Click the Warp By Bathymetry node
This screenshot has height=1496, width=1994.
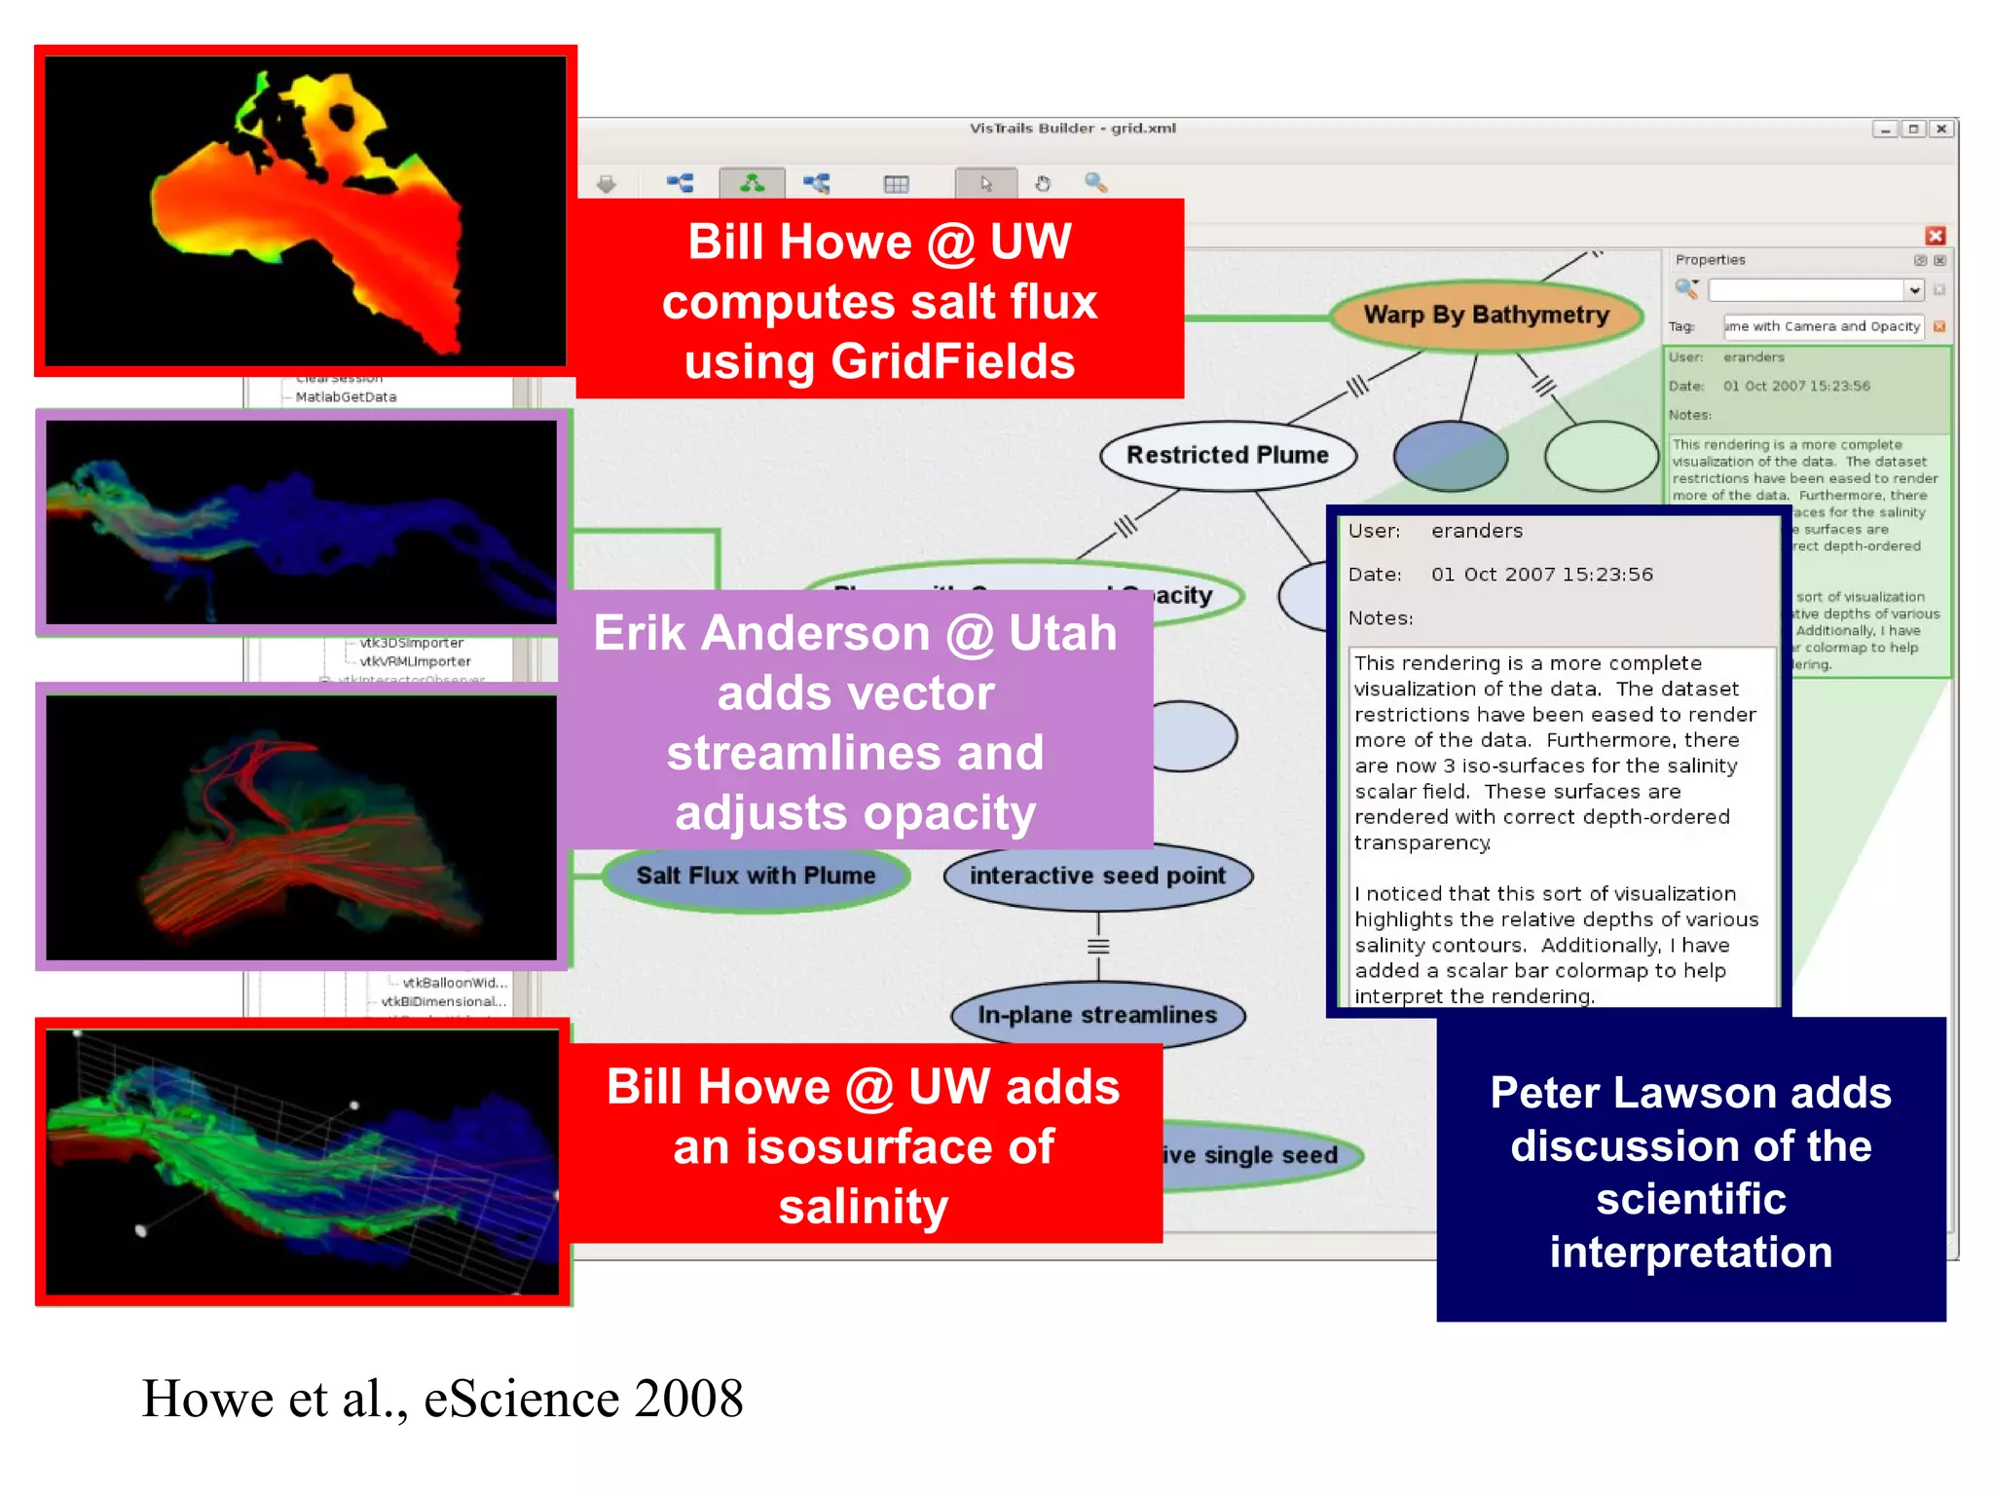coord(1485,315)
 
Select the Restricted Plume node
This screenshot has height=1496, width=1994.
coord(1227,455)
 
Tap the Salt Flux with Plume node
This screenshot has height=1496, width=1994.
coord(756,876)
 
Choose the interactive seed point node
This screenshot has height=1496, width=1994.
coord(1097,876)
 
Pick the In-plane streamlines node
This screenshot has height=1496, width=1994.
coord(1097,1015)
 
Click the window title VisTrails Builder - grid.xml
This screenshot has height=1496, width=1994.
coord(1072,128)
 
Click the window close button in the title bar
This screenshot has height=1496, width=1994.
coord(1941,129)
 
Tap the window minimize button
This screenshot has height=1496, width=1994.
coord(1885,129)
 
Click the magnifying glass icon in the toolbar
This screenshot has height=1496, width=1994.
coord(1095,182)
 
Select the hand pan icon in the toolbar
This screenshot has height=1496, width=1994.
coord(1043,183)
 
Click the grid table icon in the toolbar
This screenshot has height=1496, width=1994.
coord(896,183)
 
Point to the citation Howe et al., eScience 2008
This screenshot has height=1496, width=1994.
coord(442,1399)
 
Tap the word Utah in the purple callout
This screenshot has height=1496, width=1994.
coord(1062,633)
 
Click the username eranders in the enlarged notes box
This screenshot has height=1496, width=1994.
coord(1476,531)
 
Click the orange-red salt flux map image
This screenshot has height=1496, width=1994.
coord(306,211)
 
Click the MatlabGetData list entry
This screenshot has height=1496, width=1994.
coord(346,397)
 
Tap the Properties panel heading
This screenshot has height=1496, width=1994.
coord(1710,260)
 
